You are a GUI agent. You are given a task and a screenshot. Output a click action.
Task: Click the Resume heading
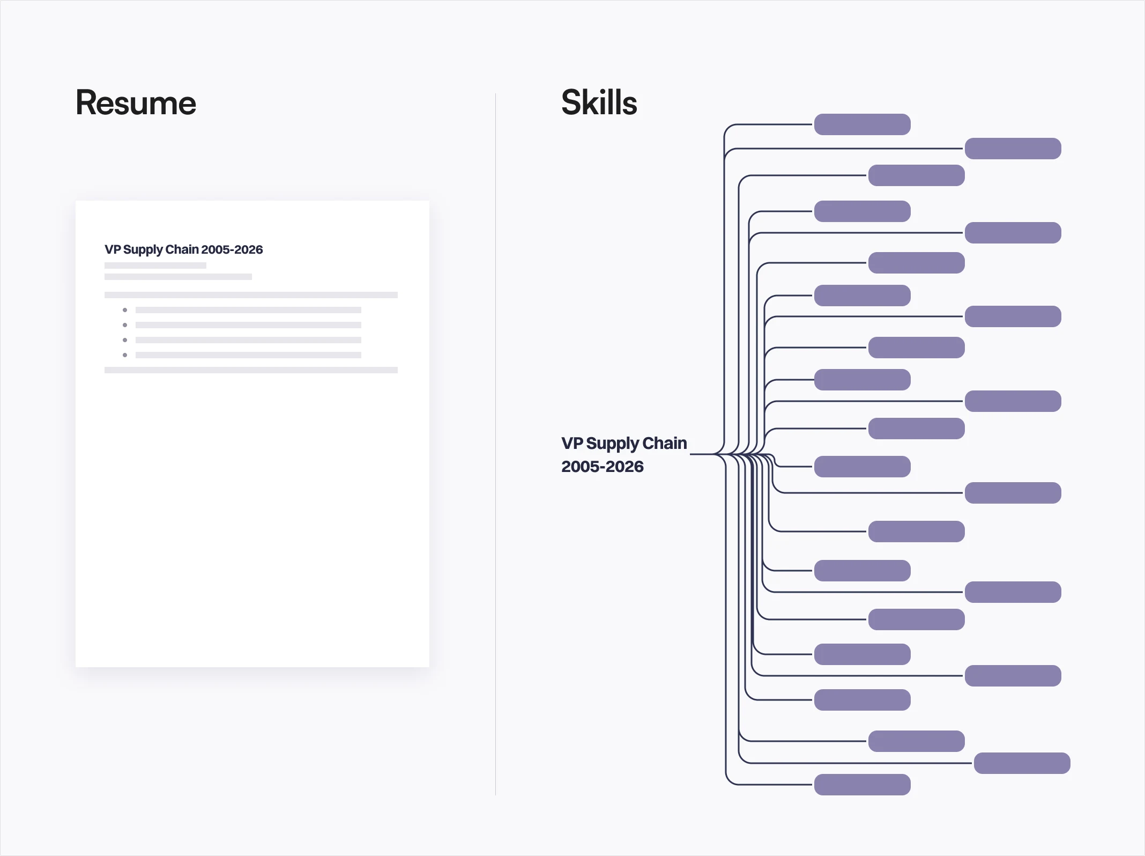136,103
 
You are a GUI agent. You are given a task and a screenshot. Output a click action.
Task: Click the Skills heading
599,102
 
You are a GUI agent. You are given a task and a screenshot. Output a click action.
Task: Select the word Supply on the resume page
143,249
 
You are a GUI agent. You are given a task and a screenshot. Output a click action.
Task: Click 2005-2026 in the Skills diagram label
602,467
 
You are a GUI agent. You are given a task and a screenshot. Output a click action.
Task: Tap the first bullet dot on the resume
125,310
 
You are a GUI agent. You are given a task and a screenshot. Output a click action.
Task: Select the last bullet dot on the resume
125,355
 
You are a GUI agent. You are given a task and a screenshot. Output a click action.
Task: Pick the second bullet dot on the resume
125,325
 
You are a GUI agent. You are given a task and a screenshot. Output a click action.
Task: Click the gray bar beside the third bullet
248,340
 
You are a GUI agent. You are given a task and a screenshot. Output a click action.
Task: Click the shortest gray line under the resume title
155,265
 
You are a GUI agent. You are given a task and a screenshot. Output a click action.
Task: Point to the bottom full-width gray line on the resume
251,370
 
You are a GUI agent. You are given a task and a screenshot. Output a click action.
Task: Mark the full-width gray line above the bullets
251,295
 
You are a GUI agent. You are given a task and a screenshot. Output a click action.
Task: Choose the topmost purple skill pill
862,124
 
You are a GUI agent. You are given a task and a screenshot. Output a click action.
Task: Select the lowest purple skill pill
862,785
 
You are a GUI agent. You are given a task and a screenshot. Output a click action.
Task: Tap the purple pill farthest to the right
1022,763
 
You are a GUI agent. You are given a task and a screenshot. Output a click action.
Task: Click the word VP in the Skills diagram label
571,443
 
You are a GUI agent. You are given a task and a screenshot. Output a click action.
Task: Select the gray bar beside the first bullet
248,310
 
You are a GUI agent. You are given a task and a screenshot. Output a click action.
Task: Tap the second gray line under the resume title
178,277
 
